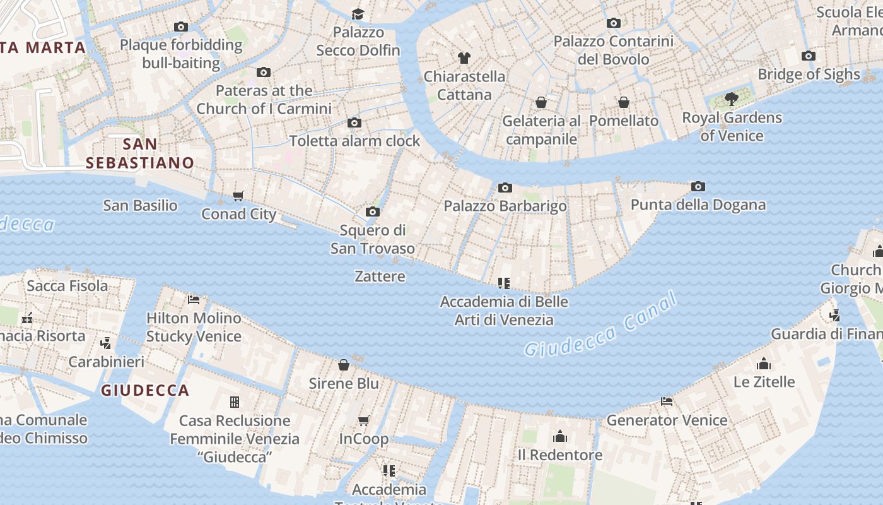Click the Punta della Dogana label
click(698, 205)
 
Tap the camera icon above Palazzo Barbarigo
click(505, 187)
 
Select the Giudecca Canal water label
click(600, 325)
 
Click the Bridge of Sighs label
click(809, 74)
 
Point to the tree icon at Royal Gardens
click(731, 99)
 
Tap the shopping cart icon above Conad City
click(238, 196)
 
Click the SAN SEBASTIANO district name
click(140, 153)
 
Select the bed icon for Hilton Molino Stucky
click(194, 299)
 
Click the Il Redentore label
click(559, 454)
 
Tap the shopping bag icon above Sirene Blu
click(344, 365)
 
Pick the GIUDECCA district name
click(145, 390)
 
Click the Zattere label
click(380, 276)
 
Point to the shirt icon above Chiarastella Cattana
click(464, 58)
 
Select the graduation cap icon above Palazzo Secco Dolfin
click(358, 14)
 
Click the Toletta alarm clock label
click(354, 140)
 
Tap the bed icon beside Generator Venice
click(667, 401)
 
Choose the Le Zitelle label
click(764, 381)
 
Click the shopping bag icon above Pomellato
click(624, 102)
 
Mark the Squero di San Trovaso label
click(373, 239)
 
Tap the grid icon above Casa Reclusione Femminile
click(235, 402)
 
